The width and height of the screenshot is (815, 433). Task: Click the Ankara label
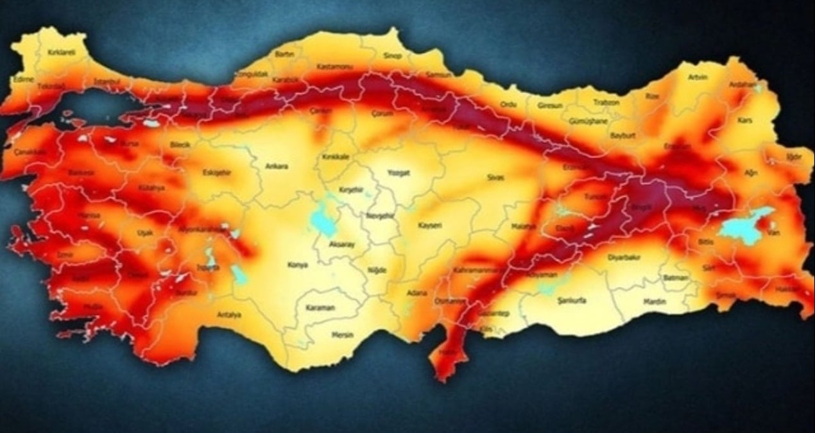[x=277, y=166]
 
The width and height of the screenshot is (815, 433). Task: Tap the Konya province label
[x=298, y=264]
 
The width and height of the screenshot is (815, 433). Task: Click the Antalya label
[x=229, y=314]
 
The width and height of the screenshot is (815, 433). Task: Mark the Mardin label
[x=655, y=301]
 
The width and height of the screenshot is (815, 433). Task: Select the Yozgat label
[x=398, y=172]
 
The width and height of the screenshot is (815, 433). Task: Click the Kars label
[x=745, y=120]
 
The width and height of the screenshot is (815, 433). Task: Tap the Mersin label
[x=343, y=335]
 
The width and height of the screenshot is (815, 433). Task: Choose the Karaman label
[x=320, y=308]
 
